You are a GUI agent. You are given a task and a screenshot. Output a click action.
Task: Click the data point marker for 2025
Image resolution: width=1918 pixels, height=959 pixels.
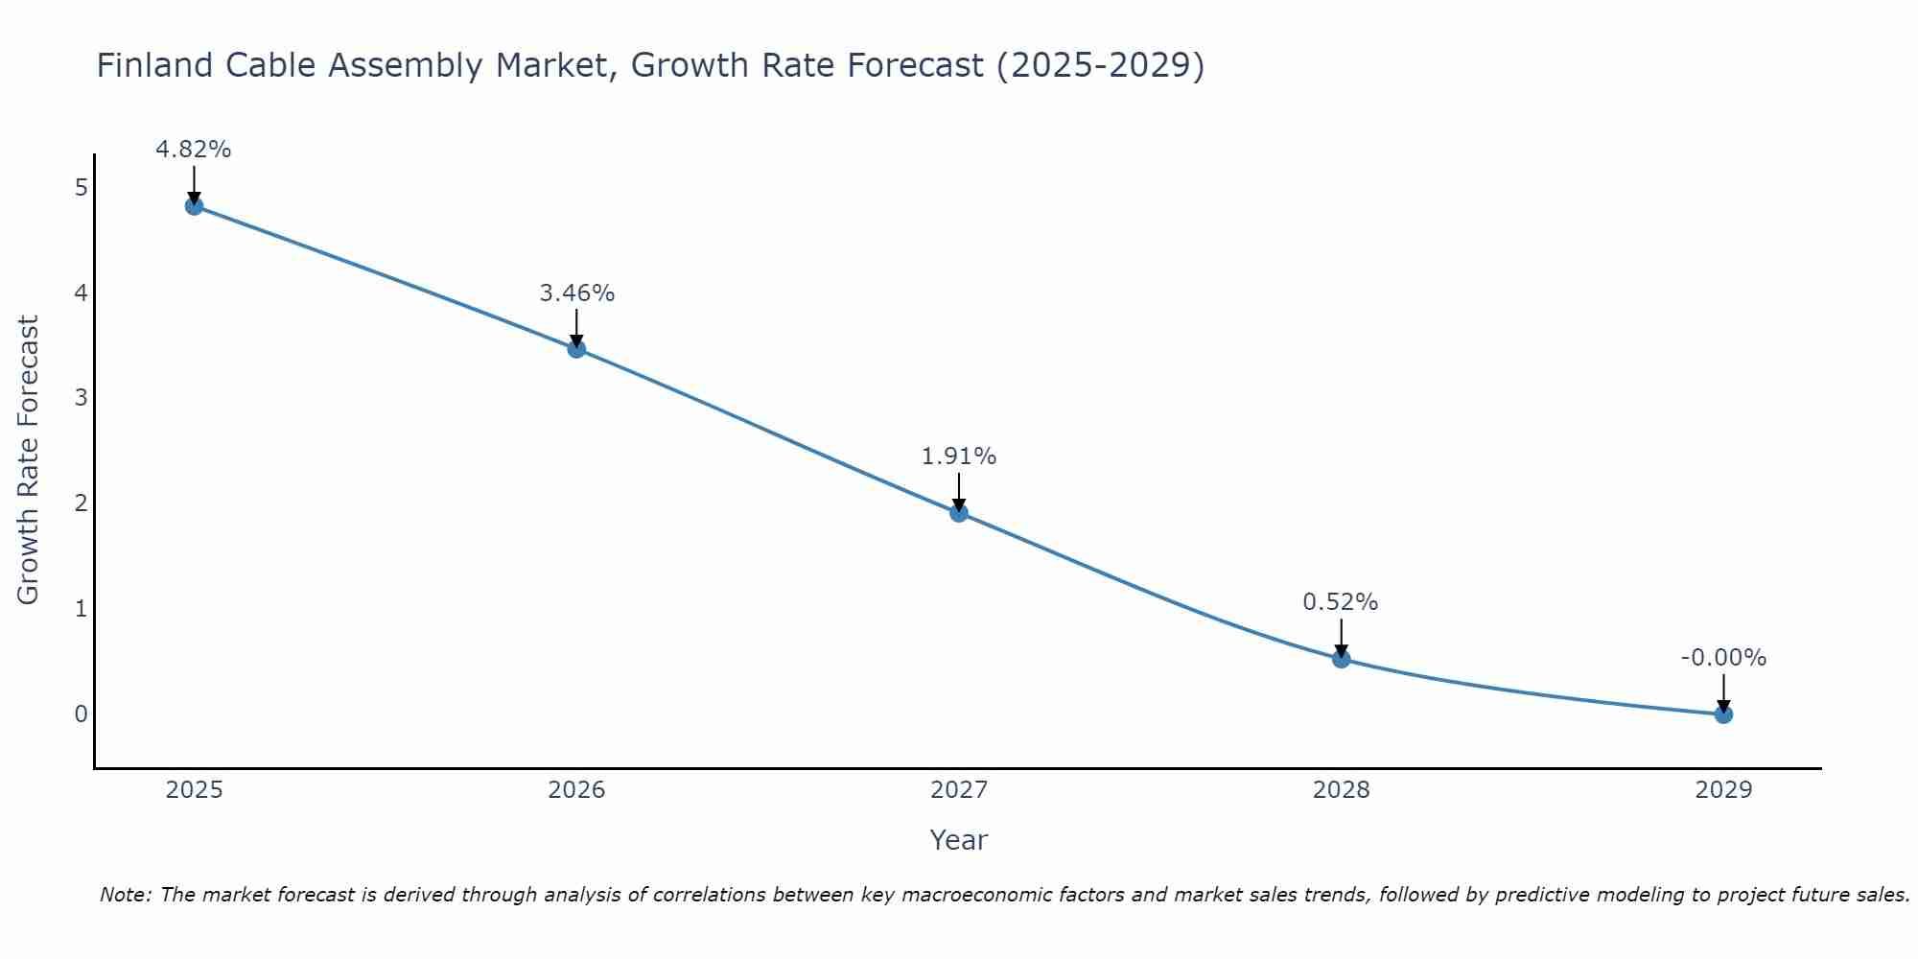pyautogui.click(x=194, y=205)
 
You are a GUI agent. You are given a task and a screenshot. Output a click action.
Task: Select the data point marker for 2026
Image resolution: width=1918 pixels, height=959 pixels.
pyautogui.click(x=576, y=348)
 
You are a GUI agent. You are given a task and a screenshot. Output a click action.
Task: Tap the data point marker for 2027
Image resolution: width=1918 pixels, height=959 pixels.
pyautogui.click(x=959, y=512)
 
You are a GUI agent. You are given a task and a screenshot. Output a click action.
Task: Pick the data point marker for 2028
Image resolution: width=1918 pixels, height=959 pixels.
pyautogui.click(x=1342, y=659)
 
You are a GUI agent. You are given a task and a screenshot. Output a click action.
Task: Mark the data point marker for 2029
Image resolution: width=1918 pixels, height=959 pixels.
pyautogui.click(x=1723, y=713)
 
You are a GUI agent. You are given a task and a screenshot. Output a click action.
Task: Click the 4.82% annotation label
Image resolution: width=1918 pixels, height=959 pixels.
pyautogui.click(x=194, y=150)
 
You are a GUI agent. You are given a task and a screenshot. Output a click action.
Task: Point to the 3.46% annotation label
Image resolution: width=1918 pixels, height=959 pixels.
pyautogui.click(x=576, y=293)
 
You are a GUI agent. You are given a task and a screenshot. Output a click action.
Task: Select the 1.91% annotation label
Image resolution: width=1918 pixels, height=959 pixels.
pyautogui.click(x=959, y=456)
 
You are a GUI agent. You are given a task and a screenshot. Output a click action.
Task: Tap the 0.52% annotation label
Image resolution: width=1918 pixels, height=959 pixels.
pyautogui.click(x=1341, y=602)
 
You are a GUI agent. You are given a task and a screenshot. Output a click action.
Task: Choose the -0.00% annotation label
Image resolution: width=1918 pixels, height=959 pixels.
pyautogui.click(x=1723, y=658)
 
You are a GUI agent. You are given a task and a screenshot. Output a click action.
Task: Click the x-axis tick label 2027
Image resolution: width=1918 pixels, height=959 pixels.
pyautogui.click(x=959, y=790)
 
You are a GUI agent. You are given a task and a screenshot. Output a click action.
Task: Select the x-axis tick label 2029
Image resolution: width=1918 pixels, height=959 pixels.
pyautogui.click(x=1723, y=790)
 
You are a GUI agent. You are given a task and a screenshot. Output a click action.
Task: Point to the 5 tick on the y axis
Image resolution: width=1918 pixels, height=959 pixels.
pyautogui.click(x=82, y=187)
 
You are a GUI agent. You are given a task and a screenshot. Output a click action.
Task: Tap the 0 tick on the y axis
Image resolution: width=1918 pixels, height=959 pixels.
pyautogui.click(x=82, y=713)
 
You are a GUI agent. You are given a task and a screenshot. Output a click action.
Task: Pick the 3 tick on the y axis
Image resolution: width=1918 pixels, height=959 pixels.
pyautogui.click(x=82, y=397)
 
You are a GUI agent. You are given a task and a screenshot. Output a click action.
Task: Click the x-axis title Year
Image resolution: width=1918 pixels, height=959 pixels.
pyautogui.click(x=958, y=840)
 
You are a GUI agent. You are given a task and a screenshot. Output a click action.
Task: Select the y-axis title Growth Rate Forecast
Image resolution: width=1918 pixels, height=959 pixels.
pyautogui.click(x=29, y=460)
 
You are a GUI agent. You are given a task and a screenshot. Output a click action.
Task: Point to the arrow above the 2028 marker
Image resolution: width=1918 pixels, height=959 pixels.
pyautogui.click(x=1342, y=637)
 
